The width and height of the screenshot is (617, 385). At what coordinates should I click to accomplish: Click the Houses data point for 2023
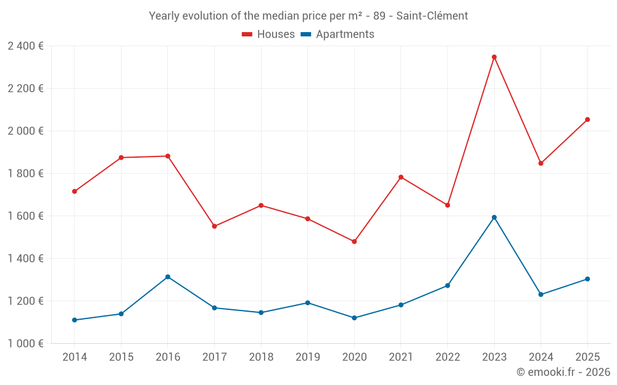point(494,57)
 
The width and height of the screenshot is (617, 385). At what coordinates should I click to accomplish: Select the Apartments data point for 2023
point(494,217)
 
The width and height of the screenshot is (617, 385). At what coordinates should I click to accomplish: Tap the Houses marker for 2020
point(354,241)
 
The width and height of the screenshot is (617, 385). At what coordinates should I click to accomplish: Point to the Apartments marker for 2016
point(168,277)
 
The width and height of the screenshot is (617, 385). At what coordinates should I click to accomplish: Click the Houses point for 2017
point(214,226)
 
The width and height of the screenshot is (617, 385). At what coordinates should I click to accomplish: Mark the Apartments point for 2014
point(75,320)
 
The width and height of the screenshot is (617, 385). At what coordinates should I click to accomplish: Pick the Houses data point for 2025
point(587,120)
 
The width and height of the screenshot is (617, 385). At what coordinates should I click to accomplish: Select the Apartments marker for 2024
point(541,294)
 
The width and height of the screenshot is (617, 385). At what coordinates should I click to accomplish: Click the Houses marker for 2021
point(401,177)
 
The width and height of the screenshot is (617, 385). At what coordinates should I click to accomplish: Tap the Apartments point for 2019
point(308,303)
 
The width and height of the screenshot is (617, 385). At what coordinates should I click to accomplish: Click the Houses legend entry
point(268,34)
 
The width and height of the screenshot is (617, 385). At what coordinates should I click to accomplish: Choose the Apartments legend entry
point(337,34)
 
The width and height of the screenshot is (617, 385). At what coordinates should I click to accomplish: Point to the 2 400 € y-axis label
point(25,46)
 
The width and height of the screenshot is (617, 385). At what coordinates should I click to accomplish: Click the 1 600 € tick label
point(25,216)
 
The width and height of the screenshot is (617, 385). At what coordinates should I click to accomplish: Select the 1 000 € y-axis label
point(25,343)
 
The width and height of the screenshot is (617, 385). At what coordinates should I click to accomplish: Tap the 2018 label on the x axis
point(261,357)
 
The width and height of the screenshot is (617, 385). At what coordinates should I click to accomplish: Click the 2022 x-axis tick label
point(447,357)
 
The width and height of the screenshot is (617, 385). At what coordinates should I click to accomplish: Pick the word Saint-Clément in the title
point(432,16)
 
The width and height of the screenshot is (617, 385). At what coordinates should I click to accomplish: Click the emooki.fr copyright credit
point(563,372)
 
